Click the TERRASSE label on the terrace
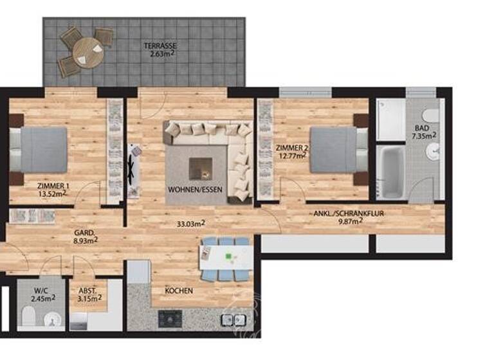160,46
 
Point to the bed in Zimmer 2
335,149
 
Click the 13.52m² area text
51,193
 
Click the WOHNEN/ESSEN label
192,191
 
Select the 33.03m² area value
191,224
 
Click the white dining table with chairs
224,259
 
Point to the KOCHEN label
178,291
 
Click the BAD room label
422,128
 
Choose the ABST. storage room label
87,290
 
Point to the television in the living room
134,168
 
